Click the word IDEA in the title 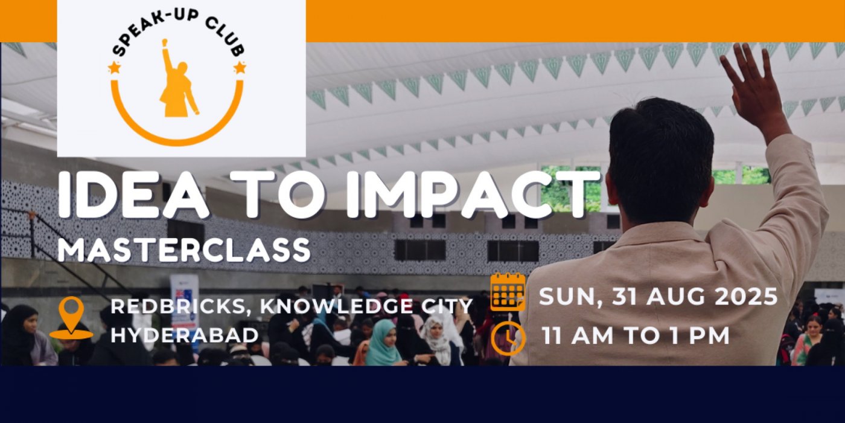tap(133, 195)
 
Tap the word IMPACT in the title tap(471, 195)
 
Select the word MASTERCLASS tap(184, 250)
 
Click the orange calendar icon tap(508, 291)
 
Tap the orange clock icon tap(508, 338)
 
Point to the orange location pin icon tap(71, 318)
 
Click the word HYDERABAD tap(185, 335)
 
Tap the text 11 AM tap(578, 335)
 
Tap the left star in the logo tap(113, 68)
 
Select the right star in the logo tap(240, 68)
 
